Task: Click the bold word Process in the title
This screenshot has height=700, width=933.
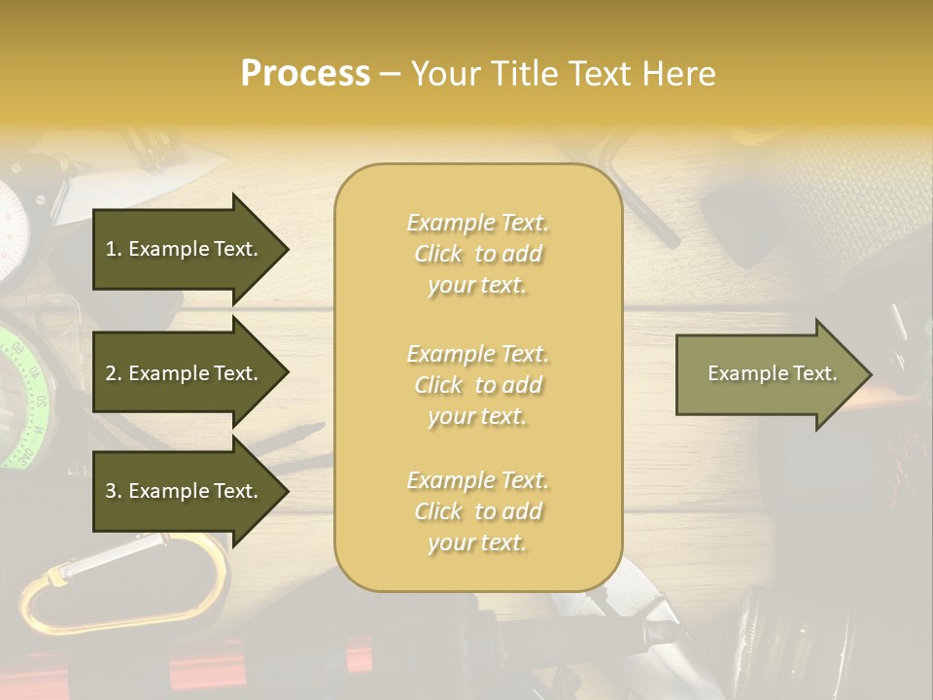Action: (305, 74)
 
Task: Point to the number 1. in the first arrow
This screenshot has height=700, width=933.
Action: (114, 249)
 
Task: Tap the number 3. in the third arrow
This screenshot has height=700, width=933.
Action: (114, 491)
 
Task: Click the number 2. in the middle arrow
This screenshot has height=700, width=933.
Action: (114, 373)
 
